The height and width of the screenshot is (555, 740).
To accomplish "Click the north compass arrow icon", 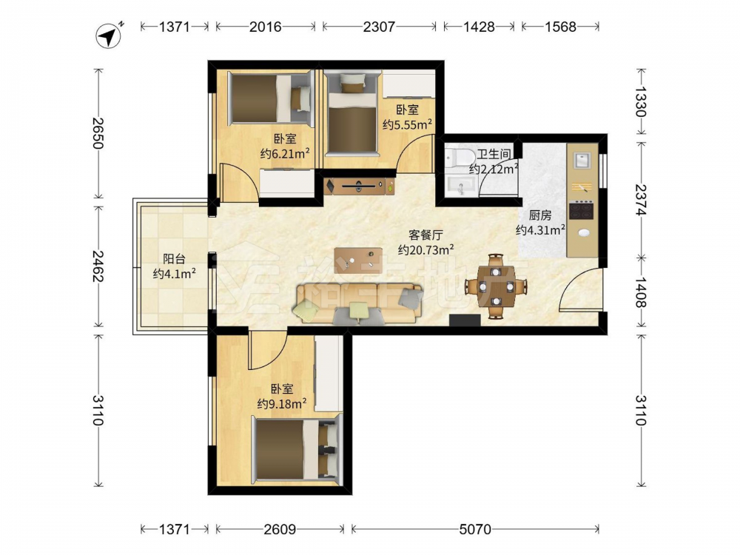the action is [x=109, y=36].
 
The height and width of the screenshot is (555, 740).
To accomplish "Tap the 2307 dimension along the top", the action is [x=379, y=27].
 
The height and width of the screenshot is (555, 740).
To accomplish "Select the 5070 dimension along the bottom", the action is [x=475, y=530].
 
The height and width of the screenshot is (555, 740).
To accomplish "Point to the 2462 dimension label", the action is [x=98, y=266].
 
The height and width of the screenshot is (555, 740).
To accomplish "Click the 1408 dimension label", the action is [x=640, y=292].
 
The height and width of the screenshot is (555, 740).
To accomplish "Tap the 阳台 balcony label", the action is [x=174, y=258].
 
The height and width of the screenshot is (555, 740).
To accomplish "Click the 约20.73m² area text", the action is [x=426, y=249].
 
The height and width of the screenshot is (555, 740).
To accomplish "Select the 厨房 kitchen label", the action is [x=540, y=215].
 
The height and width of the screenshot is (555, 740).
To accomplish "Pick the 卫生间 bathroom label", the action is [x=494, y=154].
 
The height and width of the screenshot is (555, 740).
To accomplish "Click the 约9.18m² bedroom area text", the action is [x=282, y=403].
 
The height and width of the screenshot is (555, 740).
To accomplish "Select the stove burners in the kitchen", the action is [x=581, y=210].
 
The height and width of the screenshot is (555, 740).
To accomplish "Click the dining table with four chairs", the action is [x=496, y=286].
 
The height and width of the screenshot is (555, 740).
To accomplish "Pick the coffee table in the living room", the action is [x=358, y=260].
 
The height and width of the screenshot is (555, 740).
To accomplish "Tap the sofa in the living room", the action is [x=359, y=304].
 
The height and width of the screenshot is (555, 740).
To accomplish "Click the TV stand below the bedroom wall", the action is [x=360, y=186].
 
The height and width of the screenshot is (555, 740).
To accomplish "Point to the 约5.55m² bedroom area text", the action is [x=408, y=124].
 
